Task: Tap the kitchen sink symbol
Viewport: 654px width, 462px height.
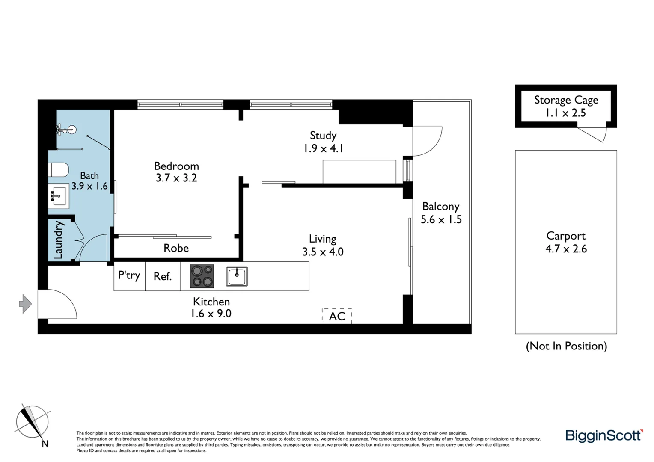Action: click(x=237, y=276)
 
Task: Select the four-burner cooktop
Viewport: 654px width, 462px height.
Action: click(x=202, y=276)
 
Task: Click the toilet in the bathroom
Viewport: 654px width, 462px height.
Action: click(x=59, y=170)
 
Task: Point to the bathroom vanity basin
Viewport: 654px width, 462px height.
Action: click(x=58, y=196)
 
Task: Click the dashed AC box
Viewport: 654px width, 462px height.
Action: click(x=337, y=316)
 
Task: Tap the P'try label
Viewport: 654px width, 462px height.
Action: click(x=129, y=275)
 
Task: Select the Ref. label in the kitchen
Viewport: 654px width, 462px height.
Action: click(x=163, y=277)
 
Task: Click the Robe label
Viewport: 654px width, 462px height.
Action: click(x=176, y=248)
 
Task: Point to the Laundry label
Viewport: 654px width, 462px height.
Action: click(x=58, y=240)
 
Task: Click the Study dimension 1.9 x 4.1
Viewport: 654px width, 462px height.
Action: click(x=323, y=148)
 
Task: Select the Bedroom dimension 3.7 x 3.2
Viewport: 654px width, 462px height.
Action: click(x=176, y=178)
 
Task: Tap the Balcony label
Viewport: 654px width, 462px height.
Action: click(x=440, y=206)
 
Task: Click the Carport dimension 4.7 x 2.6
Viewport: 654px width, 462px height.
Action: click(x=566, y=249)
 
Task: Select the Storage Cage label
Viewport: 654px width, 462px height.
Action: click(x=566, y=100)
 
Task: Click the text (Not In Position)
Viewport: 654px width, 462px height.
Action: click(x=566, y=346)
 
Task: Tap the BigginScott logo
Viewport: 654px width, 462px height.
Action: click(x=604, y=435)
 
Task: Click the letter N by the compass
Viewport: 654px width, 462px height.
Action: click(x=45, y=444)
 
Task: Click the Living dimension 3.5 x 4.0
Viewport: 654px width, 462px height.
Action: click(x=323, y=252)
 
